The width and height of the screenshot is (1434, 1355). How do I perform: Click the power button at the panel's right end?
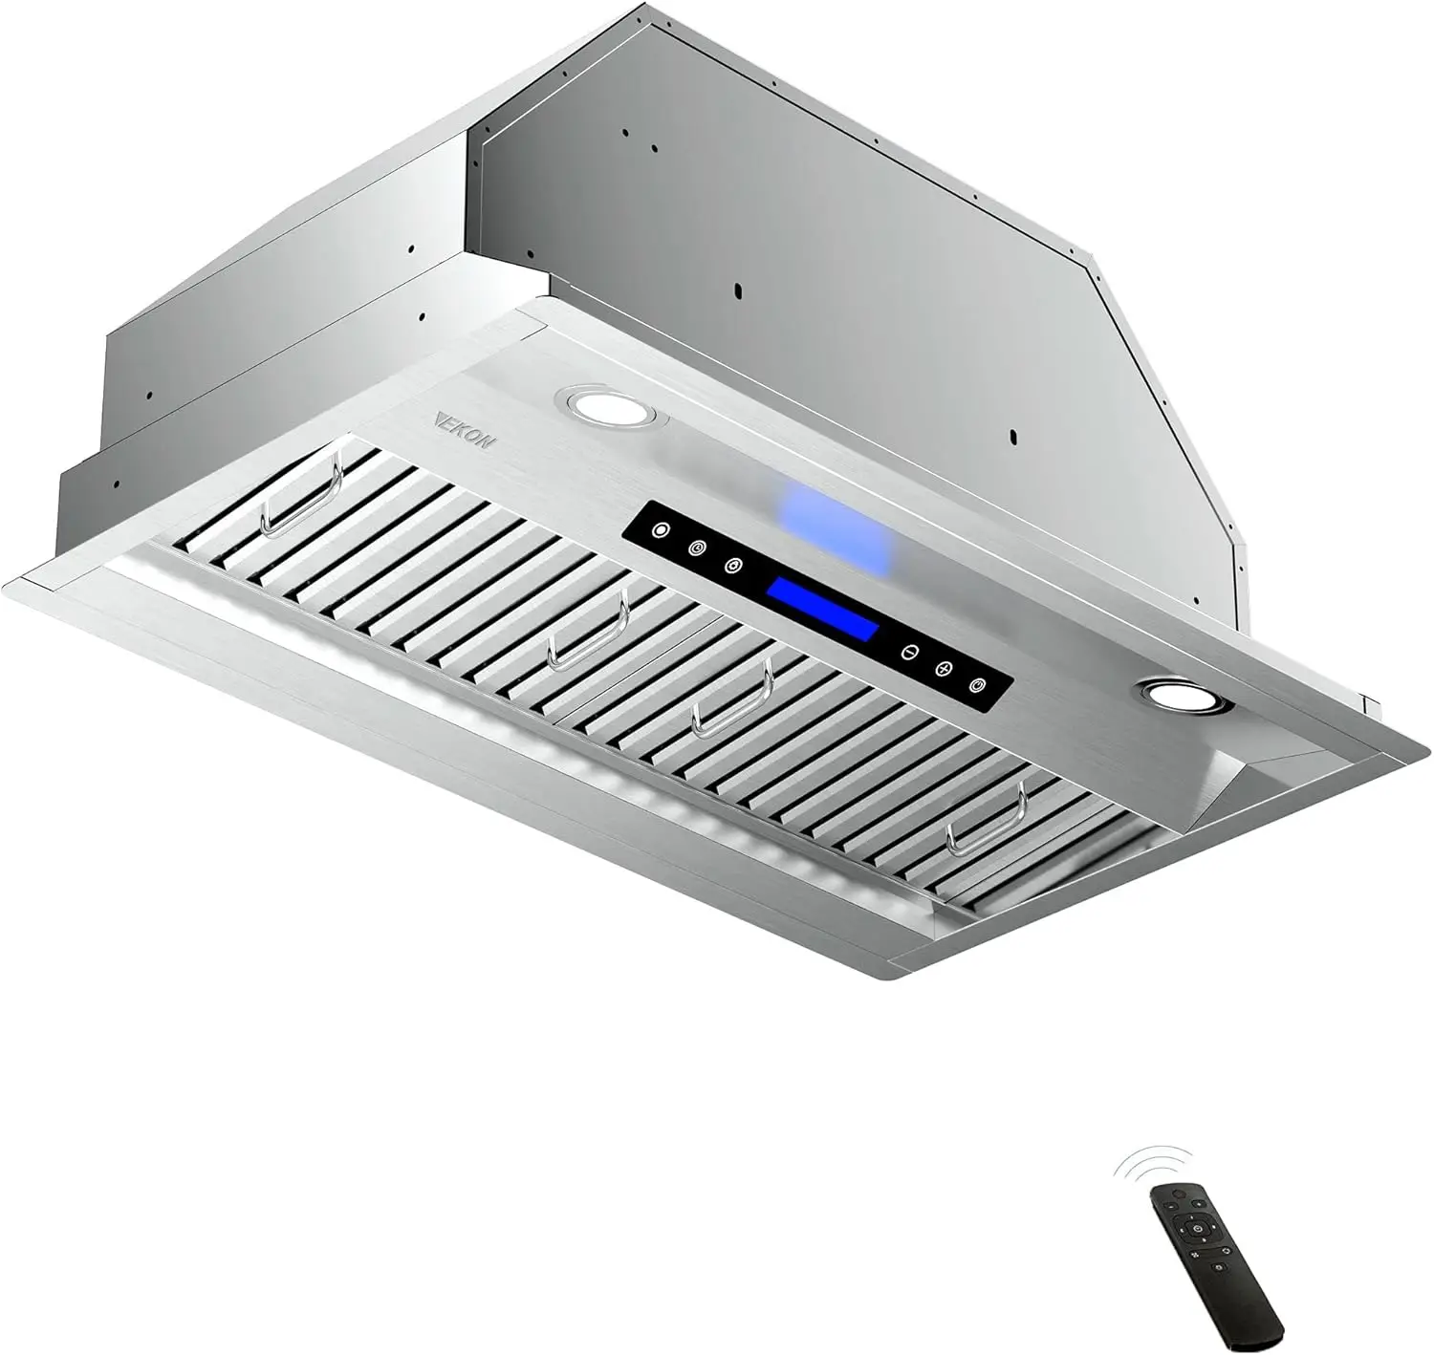(976, 685)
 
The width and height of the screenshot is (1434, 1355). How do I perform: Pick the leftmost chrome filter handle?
(304, 495)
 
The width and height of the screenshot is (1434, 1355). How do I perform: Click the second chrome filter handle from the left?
(587, 631)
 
